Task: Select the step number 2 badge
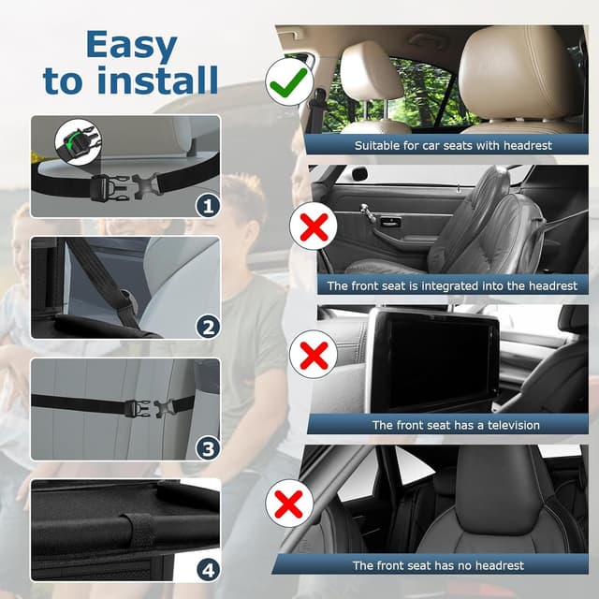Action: tap(206, 326)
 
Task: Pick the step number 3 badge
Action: tap(206, 447)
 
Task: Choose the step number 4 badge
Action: tap(206, 568)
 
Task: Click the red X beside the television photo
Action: tap(315, 357)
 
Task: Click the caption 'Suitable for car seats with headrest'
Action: tap(453, 145)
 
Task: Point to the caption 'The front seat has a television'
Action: tap(456, 425)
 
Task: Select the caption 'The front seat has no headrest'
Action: tap(438, 565)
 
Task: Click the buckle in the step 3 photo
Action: tap(142, 407)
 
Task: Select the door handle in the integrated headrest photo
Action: tap(386, 222)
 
